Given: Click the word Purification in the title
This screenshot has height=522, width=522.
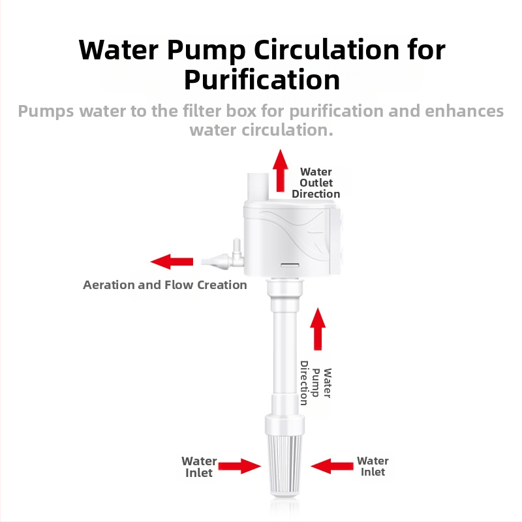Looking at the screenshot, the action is (x=262, y=80).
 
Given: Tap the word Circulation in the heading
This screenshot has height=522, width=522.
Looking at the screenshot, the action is (x=327, y=50).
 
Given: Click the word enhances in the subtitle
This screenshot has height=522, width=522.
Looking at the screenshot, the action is (x=464, y=111).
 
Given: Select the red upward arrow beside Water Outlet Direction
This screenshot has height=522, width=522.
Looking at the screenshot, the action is (x=281, y=170).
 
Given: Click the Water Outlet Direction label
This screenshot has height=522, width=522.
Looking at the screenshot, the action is (x=316, y=183).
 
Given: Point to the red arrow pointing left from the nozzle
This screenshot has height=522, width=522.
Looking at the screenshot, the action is (x=172, y=262).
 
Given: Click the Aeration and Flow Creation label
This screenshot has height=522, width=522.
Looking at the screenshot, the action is (x=165, y=285).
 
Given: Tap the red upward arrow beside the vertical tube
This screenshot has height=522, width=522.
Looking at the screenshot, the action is (x=318, y=329).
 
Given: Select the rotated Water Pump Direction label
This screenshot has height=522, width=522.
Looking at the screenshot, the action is (x=316, y=383).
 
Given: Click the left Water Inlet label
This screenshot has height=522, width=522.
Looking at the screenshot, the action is (x=199, y=467).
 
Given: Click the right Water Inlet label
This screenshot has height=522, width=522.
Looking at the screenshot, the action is (x=373, y=466).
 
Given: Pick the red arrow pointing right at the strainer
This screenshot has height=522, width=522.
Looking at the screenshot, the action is (x=239, y=466).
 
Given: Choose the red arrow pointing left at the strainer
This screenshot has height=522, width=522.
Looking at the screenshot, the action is (x=332, y=466).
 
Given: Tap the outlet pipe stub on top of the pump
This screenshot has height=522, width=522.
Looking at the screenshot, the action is (x=258, y=187).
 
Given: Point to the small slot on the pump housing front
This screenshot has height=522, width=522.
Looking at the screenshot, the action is (x=290, y=265).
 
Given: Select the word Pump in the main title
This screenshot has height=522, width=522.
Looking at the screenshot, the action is (x=206, y=51).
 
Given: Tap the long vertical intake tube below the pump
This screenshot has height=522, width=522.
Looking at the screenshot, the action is (x=284, y=353).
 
